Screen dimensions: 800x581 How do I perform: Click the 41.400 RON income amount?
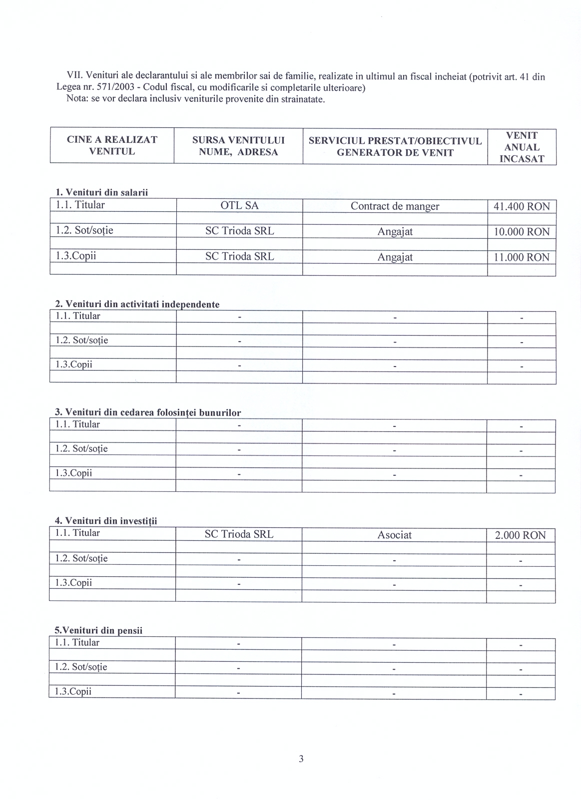(x=521, y=206)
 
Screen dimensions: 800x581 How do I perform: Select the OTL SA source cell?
(x=239, y=205)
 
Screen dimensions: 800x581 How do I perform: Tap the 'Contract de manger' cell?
(x=395, y=206)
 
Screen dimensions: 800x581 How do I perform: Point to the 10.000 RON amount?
(x=521, y=232)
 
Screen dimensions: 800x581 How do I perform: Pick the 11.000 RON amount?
(x=521, y=257)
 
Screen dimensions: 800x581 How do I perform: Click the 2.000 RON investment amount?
(x=520, y=535)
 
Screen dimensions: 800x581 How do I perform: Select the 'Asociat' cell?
(x=394, y=535)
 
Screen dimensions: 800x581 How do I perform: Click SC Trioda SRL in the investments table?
(x=239, y=534)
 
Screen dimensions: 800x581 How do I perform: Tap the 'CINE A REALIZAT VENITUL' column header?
(x=112, y=145)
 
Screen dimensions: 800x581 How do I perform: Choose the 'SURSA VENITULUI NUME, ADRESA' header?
(x=238, y=146)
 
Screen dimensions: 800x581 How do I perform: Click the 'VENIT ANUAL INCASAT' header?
(x=522, y=147)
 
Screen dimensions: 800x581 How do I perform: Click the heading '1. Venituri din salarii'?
(x=101, y=192)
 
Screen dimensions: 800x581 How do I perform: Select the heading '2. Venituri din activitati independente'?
(x=137, y=304)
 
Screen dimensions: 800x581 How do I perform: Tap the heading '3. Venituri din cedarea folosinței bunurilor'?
(x=148, y=412)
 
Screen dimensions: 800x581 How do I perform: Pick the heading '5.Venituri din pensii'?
(x=98, y=630)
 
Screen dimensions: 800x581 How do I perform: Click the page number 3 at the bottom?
(x=301, y=759)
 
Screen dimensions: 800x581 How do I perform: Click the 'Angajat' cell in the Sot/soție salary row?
(x=395, y=232)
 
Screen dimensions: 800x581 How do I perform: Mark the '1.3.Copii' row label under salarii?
(x=76, y=256)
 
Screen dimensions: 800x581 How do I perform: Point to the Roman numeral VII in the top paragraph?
(x=74, y=76)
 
